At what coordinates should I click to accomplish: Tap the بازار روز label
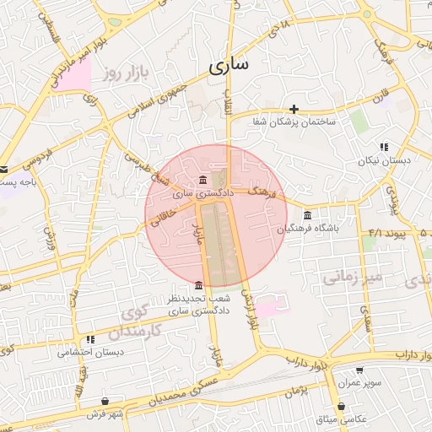point(127,73)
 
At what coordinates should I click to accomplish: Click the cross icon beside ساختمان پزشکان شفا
point(294,109)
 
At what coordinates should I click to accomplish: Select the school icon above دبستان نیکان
point(384,147)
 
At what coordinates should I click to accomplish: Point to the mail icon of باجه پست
point(3,169)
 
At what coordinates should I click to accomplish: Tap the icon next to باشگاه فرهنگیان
point(306,215)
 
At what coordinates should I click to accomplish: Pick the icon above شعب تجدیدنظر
point(198,285)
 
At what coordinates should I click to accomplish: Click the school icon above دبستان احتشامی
point(90,339)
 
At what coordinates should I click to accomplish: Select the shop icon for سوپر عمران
point(359,370)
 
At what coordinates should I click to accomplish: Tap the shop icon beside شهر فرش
point(105,401)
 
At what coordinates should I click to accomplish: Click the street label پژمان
point(294,391)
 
